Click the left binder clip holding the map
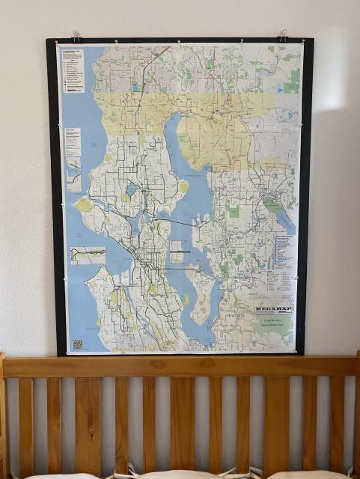coord(76,35)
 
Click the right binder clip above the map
coord(282,34)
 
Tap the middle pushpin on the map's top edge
coord(179,42)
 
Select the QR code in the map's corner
coord(77,344)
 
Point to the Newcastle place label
coord(236,317)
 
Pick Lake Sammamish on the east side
coord(285,219)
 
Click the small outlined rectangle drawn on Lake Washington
coord(180,256)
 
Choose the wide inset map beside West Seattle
coord(88,255)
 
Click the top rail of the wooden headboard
coord(180,366)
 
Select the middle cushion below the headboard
coord(180,475)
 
